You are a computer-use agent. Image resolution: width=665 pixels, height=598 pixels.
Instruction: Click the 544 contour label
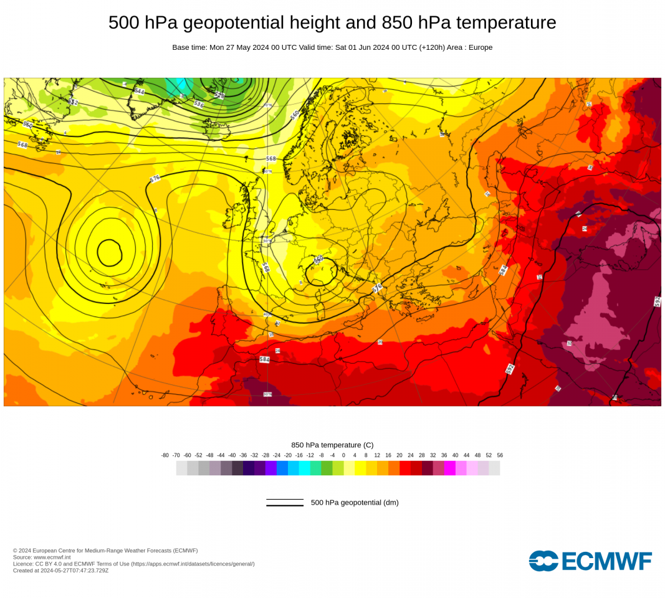point(139,91)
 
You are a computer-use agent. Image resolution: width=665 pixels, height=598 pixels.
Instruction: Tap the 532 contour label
point(74,102)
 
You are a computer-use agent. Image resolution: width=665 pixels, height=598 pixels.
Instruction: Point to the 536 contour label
point(199,104)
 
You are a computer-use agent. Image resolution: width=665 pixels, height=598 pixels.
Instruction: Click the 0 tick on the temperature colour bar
point(344,455)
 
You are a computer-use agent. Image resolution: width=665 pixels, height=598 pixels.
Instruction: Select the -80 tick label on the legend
point(165,455)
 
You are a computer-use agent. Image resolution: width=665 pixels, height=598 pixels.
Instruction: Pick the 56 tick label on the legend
point(500,455)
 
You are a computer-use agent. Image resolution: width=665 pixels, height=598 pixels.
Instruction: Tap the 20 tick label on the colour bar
point(399,455)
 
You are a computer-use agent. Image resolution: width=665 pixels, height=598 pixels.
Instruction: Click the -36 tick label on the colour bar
point(243,455)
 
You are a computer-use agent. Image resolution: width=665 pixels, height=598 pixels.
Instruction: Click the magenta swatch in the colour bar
point(450,468)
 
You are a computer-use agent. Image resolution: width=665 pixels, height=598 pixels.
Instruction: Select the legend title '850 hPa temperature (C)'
point(332,445)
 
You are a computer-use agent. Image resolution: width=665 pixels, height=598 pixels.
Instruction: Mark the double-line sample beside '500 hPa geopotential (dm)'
point(285,503)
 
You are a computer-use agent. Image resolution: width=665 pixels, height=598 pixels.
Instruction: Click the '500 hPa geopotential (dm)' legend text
point(355,503)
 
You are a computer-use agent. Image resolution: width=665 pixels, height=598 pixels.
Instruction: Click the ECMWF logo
point(590,561)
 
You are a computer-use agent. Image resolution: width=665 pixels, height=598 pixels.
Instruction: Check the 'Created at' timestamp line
point(60,571)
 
